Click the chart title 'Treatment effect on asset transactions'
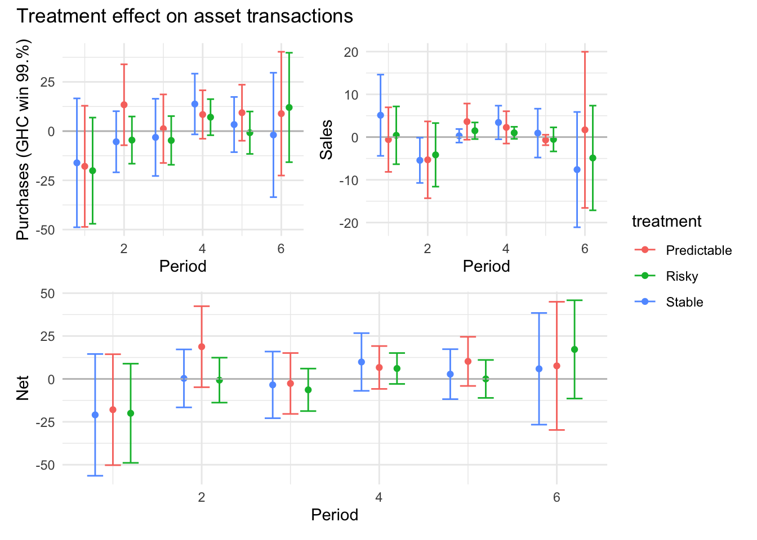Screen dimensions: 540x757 coord(185,16)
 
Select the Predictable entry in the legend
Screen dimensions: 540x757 coord(698,250)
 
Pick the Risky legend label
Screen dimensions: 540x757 coord(682,276)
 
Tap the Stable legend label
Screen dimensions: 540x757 coord(684,302)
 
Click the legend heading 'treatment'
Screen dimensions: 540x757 coord(666,222)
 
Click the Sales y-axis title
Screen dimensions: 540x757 coord(326,139)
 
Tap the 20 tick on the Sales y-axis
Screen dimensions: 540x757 coord(351,52)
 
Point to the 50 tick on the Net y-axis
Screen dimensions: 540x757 coord(48,294)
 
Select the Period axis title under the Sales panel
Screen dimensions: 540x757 coord(486,266)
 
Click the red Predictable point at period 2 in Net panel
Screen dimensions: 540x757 coord(202,347)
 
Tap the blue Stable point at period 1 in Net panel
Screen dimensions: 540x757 coord(95,415)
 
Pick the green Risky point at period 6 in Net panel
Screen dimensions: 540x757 coord(575,349)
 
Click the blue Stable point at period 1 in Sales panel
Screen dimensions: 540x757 coord(380,115)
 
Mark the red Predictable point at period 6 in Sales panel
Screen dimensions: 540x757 coord(585,130)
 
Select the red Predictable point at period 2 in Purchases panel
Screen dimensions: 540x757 coord(124,105)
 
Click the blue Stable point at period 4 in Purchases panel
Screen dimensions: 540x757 coord(195,104)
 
